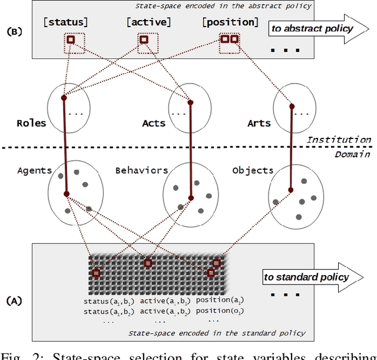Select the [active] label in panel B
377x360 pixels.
point(148,22)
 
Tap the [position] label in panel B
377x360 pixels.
point(230,22)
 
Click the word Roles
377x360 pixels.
point(31,123)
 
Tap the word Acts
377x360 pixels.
point(154,123)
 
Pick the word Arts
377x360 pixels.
point(259,123)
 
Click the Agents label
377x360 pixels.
point(34,170)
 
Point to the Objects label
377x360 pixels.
point(253,170)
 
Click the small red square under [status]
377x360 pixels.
point(70,40)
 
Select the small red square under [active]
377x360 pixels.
point(143,40)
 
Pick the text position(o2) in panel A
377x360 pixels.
point(219,311)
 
